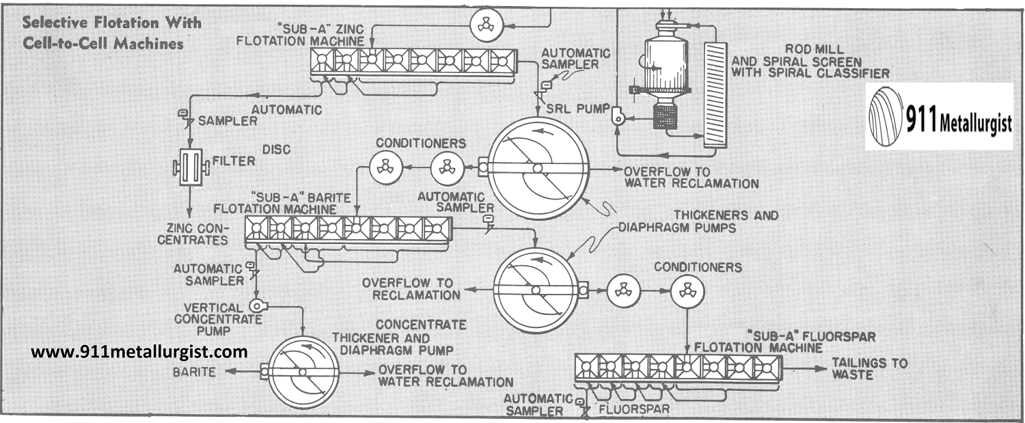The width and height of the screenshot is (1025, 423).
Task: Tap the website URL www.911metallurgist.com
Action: click(139, 352)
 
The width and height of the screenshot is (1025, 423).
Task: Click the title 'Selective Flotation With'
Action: click(113, 23)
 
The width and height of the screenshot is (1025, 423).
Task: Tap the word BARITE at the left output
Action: click(193, 372)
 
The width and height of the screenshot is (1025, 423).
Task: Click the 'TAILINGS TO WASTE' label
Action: click(869, 369)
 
